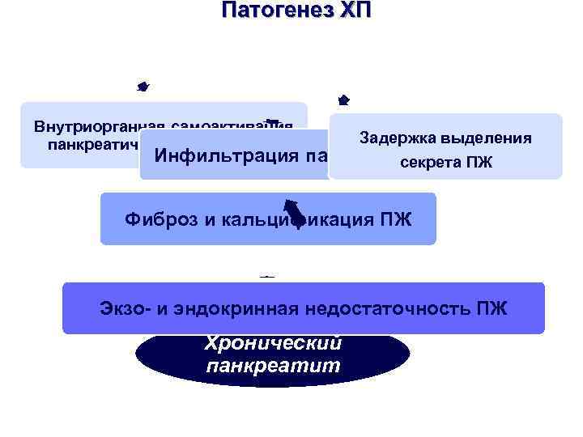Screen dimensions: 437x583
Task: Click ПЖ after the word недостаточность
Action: coord(492,308)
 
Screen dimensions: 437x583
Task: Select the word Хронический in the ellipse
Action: coord(273,343)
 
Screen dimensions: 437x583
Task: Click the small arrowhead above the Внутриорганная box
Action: coord(143,84)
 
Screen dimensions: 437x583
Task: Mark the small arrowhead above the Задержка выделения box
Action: coord(343,100)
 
